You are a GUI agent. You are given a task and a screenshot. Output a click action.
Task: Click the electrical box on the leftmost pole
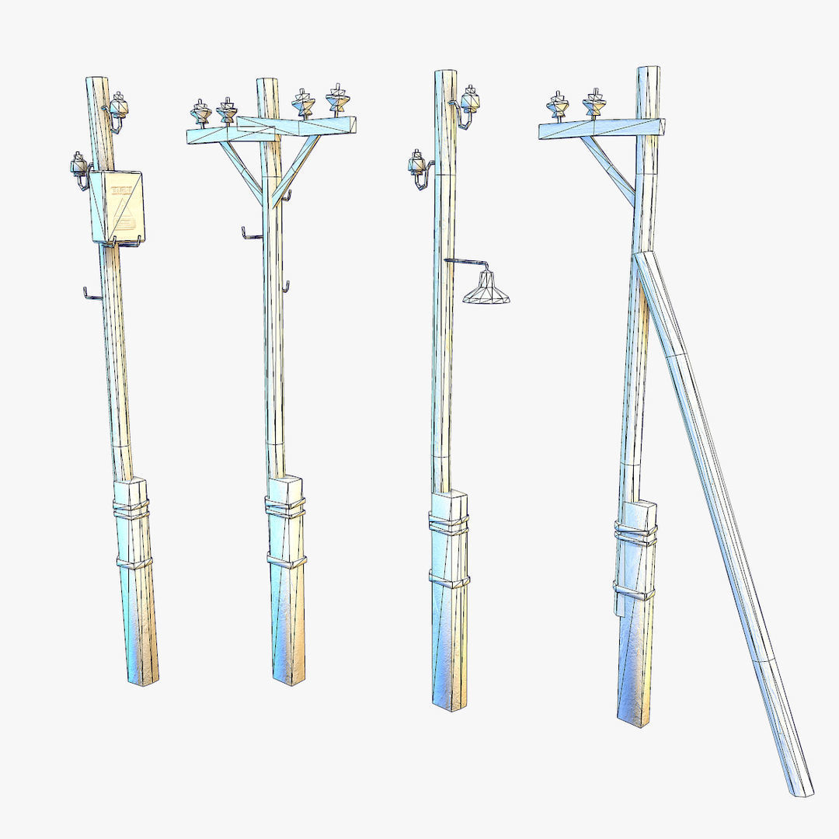pos(117,206)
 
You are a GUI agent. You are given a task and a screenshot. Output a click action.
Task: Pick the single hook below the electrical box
pos(92,294)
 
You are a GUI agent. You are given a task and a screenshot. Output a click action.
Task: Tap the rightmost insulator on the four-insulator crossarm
pos(337,99)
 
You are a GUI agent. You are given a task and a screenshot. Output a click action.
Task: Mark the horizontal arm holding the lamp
pos(466,262)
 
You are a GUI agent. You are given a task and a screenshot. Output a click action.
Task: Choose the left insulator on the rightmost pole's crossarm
pos(558,106)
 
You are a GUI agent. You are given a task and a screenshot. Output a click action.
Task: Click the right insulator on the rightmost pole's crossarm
pos(595,103)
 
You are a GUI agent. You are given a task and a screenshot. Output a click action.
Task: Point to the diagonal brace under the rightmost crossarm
pos(607,169)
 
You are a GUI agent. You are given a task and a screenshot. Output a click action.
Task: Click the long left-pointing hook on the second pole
pos(251,234)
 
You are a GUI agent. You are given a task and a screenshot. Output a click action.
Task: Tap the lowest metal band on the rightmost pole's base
pos(635,593)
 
